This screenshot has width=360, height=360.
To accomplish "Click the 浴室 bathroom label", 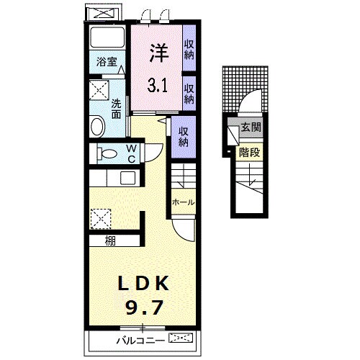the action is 107,62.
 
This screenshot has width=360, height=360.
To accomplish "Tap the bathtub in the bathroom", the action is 107,37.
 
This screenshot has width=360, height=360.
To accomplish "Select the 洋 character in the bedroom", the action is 159,53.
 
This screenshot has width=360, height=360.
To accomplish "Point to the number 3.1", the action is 158,86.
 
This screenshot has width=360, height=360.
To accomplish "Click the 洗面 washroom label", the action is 116,109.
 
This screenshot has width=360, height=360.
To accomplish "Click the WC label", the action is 132,153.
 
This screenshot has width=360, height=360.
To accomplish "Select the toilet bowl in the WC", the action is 107,153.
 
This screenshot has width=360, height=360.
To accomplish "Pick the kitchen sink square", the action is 127,179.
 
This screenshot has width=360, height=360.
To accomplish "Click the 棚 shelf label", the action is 110,240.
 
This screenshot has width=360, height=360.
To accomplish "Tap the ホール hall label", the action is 183,202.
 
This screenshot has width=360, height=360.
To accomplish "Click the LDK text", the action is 143,284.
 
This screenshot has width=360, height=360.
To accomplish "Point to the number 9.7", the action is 144,307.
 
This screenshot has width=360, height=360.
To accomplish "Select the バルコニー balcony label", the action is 140,341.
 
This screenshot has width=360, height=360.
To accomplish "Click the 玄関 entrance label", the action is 251,127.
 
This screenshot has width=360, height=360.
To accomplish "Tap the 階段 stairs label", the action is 249,152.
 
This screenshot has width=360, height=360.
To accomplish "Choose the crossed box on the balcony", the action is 181,338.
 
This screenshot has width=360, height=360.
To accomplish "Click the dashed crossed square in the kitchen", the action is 101,219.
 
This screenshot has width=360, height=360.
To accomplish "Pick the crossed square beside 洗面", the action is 99,90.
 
